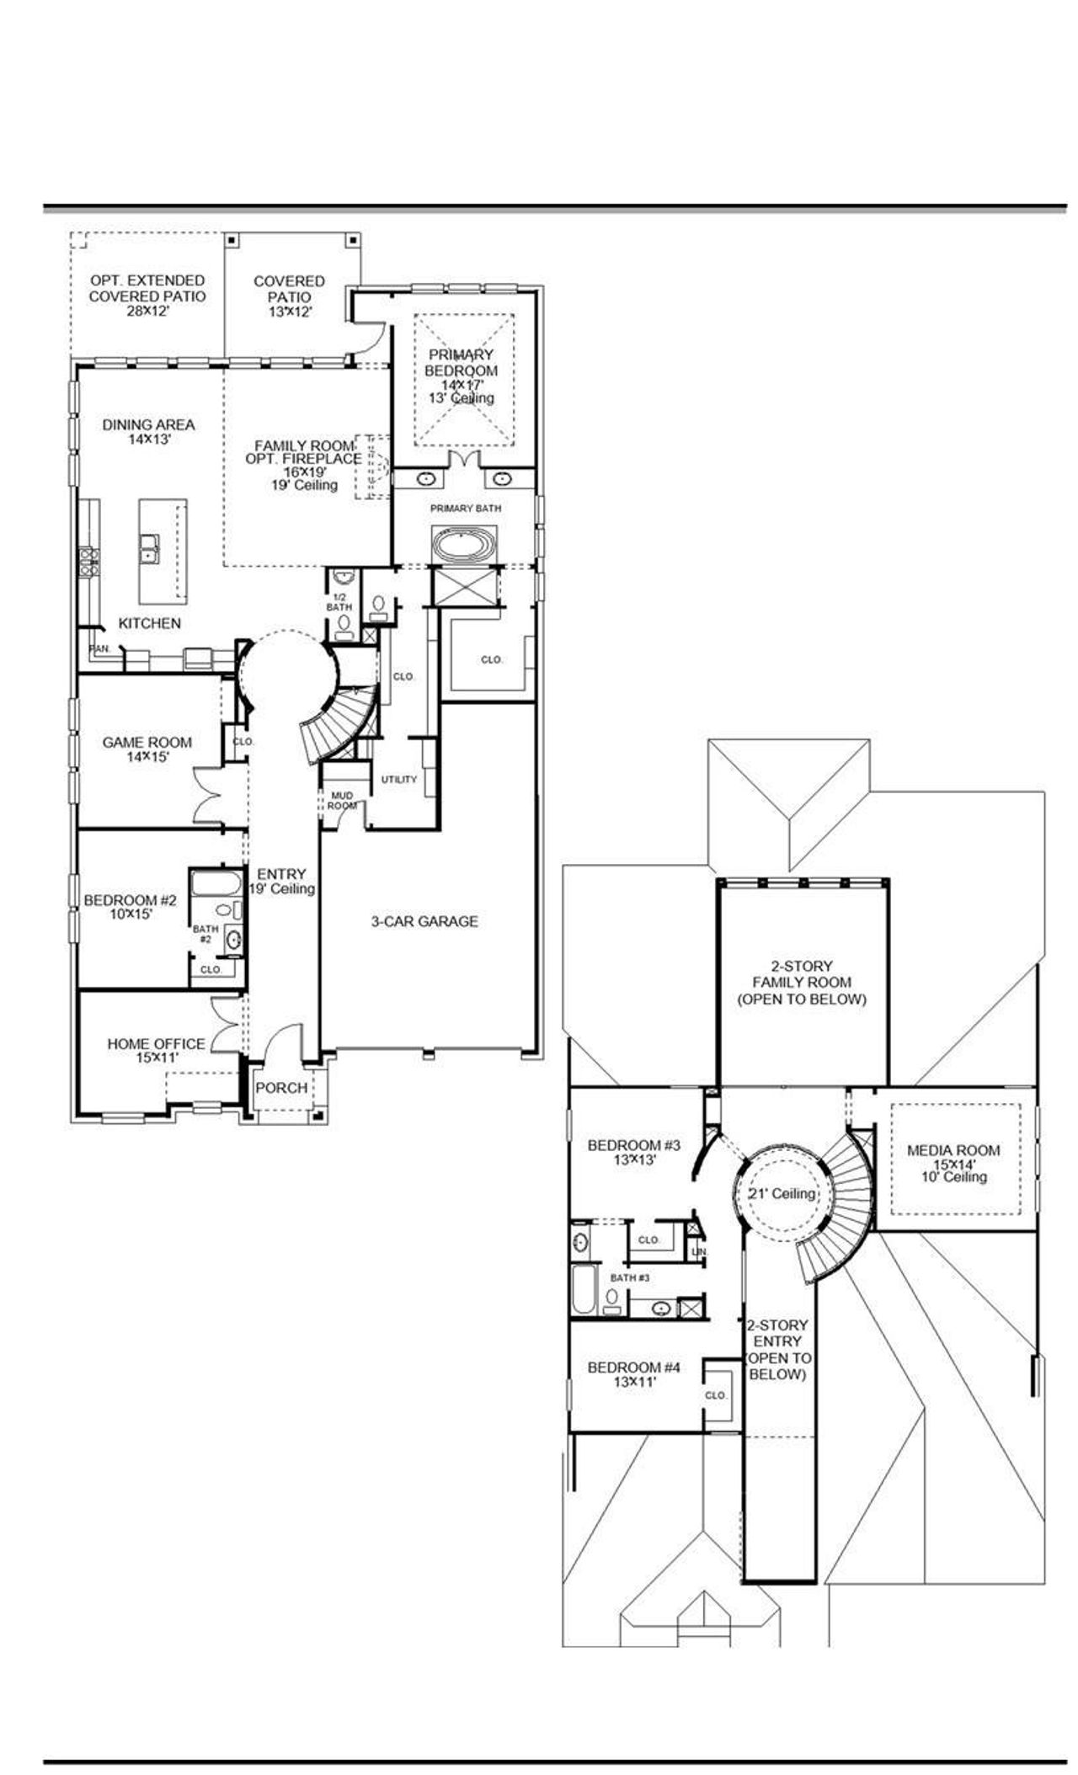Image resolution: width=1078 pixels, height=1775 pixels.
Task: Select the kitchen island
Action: coord(163,551)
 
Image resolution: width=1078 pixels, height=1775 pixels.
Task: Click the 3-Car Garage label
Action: coord(424,921)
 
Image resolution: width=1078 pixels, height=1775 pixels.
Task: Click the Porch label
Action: coord(281,1088)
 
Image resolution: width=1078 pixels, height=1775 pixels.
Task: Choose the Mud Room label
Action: coord(342,800)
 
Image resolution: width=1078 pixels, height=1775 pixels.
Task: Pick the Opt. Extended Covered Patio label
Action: coord(147,295)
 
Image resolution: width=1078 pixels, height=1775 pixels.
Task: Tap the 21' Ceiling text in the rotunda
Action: coord(782,1193)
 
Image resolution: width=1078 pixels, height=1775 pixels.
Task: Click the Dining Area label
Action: coord(148,431)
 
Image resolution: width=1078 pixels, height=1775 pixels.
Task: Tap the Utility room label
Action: coord(398,779)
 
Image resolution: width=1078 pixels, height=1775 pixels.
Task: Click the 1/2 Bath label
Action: coord(339,601)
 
